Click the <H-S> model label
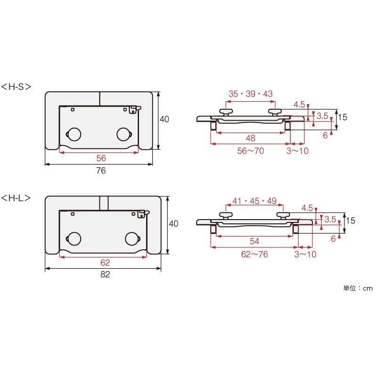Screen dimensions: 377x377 [x=16, y=87]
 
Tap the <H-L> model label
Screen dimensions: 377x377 [x=16, y=198]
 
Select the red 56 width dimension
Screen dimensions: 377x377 [x=101, y=158]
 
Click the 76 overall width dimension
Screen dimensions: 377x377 [x=101, y=171]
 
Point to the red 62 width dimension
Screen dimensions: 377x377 [x=105, y=262]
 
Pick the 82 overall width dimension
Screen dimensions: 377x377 [x=105, y=274]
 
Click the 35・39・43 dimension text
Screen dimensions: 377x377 [x=251, y=94]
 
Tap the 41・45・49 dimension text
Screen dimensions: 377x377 [x=254, y=201]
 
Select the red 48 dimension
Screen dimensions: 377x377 [x=251, y=138]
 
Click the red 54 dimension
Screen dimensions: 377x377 [x=254, y=241]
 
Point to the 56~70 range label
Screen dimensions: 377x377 [x=251, y=151]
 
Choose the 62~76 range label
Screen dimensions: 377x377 [x=254, y=254]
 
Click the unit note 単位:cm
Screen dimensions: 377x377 [x=358, y=288]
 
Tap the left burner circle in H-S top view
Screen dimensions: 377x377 [x=74, y=134]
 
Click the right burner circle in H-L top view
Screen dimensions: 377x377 [x=132, y=238]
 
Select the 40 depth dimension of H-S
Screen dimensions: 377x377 [x=164, y=119]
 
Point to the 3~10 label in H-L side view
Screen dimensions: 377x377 [x=305, y=254]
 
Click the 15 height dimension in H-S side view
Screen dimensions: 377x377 [x=343, y=117]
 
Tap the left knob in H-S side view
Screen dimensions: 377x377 [x=226, y=112]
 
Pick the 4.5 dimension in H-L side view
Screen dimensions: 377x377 [x=307, y=208]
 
